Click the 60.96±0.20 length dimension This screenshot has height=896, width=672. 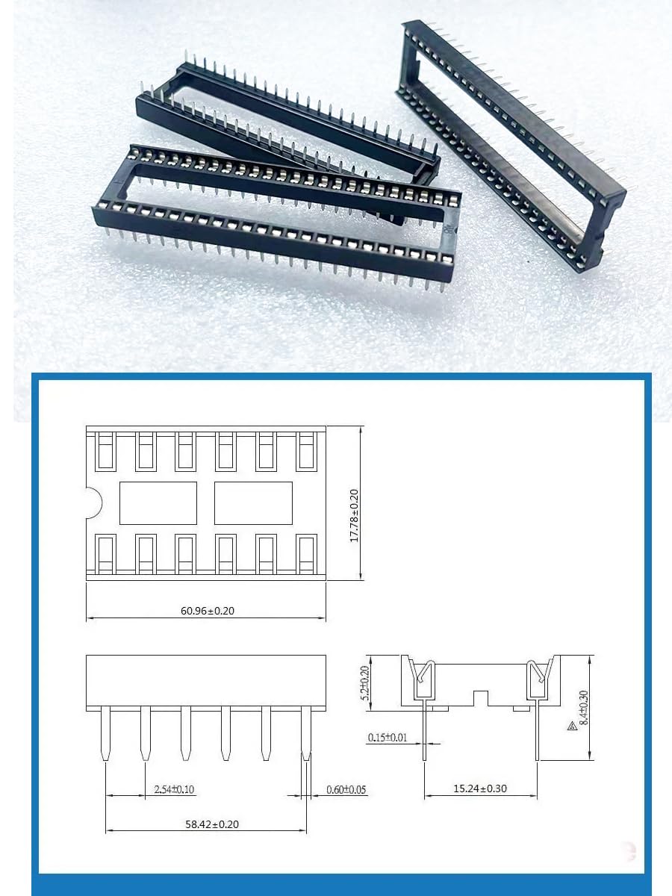208,610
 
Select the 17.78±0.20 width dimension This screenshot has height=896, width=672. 354,516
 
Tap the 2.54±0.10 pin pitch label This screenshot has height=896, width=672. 174,789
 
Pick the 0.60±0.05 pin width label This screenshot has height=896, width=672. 346,789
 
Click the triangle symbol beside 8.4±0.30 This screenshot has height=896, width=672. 570,725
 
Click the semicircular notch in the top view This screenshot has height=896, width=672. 93,502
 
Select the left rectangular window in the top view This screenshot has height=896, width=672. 158,503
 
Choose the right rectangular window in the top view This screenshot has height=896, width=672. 253,503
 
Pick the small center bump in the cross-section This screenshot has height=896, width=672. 481,698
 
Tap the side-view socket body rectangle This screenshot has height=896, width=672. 206,680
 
